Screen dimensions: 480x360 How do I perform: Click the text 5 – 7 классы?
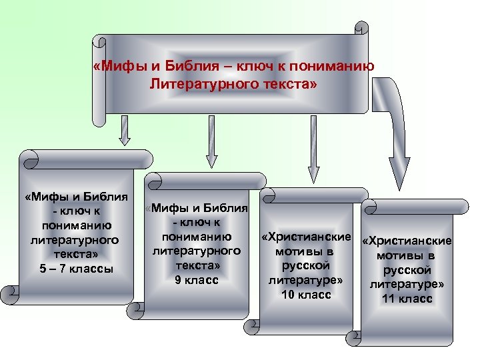coord(76,269)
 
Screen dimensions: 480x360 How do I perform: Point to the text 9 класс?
coord(197,280)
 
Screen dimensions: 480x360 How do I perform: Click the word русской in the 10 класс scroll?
coord(306,266)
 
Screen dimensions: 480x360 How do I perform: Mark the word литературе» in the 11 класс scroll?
coord(407,284)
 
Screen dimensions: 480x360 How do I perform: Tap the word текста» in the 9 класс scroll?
coord(197,265)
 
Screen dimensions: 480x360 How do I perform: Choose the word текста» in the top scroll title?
coord(284,85)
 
